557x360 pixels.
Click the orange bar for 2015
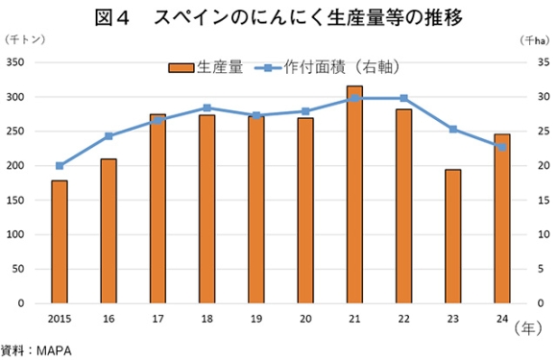(x=60, y=242)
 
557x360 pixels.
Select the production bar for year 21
(x=354, y=195)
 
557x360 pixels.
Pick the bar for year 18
(x=206, y=209)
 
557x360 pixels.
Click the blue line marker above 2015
(x=60, y=165)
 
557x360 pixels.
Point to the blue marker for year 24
(x=501, y=147)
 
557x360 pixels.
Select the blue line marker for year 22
(x=403, y=98)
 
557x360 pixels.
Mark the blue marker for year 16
(x=109, y=136)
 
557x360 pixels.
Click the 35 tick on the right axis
(x=543, y=62)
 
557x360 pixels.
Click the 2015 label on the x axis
(x=60, y=317)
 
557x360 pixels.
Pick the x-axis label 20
(x=305, y=317)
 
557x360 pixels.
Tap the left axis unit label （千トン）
(x=25, y=39)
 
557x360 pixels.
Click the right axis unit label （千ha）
(x=534, y=39)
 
